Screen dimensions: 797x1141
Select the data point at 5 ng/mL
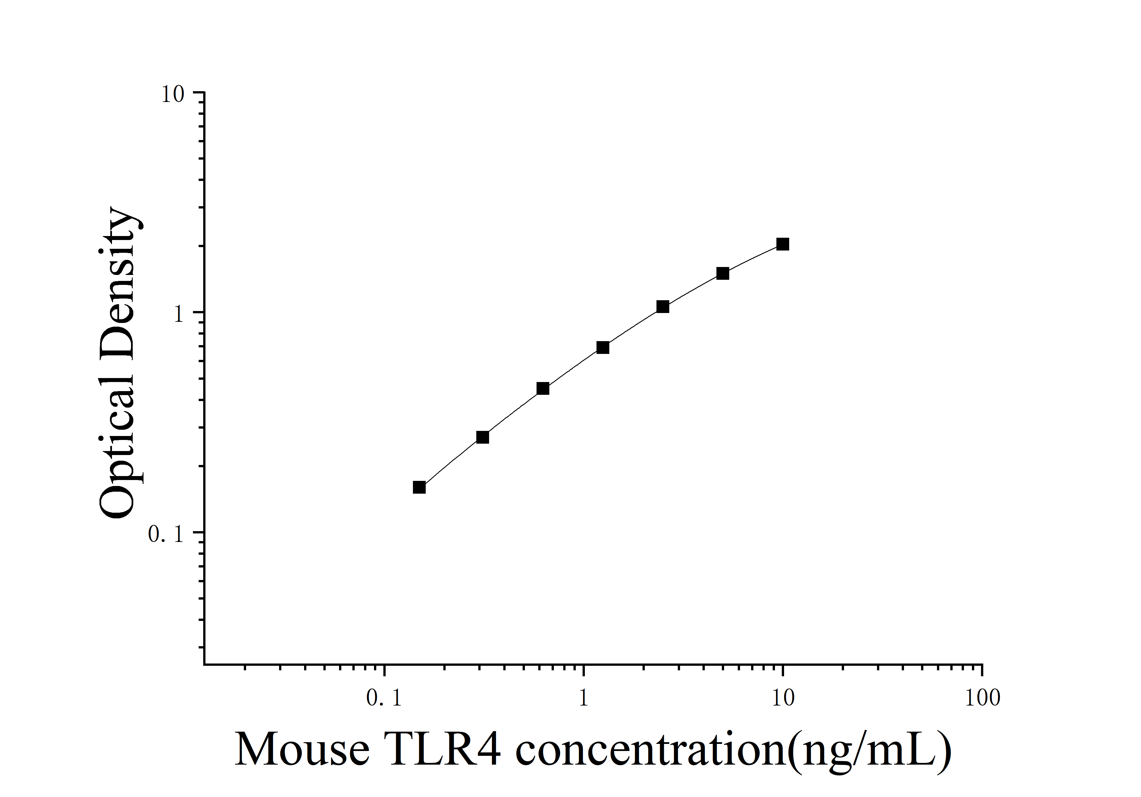click(723, 273)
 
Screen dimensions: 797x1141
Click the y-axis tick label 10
click(172, 94)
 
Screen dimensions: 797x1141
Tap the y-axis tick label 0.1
click(166, 534)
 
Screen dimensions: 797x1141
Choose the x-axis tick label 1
click(583, 699)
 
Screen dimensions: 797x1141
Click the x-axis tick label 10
click(783, 699)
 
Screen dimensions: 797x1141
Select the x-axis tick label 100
click(982, 699)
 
